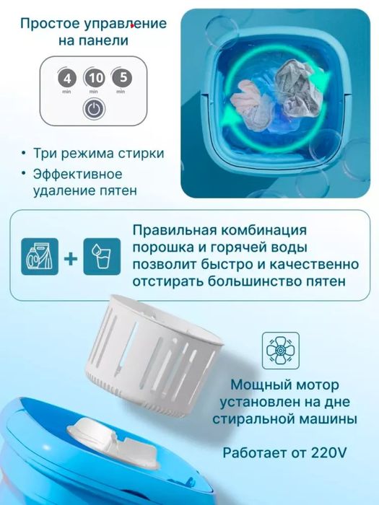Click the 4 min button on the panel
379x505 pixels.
[x=67, y=78]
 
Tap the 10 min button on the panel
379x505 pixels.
[x=94, y=78]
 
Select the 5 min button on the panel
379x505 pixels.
[x=121, y=78]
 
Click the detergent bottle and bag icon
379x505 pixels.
[x=40, y=256]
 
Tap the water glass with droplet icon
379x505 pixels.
[x=102, y=256]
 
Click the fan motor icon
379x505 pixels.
[x=280, y=351]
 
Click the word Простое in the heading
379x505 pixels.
[x=50, y=24]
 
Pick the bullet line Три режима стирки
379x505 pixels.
[x=98, y=153]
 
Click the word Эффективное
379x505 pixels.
[x=78, y=175]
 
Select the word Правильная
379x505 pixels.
[x=170, y=231]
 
